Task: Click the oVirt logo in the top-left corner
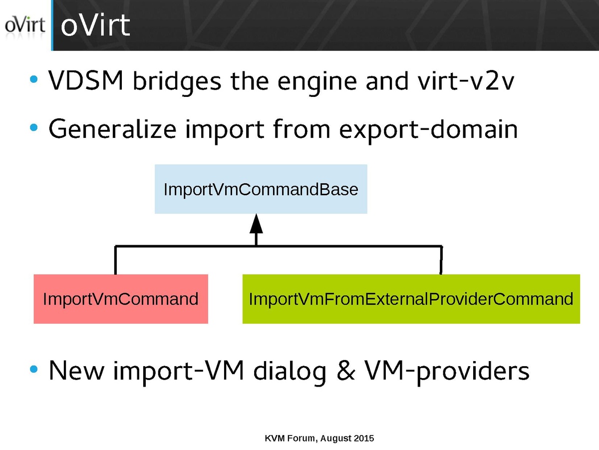point(24,25)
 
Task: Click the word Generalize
point(112,130)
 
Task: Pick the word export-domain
point(428,130)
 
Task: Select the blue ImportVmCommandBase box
point(261,189)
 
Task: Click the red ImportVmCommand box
point(121,299)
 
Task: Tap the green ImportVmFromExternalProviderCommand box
point(411,299)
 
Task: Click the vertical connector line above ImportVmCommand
point(115,260)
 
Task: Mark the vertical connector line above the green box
point(441,260)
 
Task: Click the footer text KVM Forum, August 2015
point(319,439)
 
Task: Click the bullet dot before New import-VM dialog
point(33,370)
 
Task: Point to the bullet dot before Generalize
point(33,128)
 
